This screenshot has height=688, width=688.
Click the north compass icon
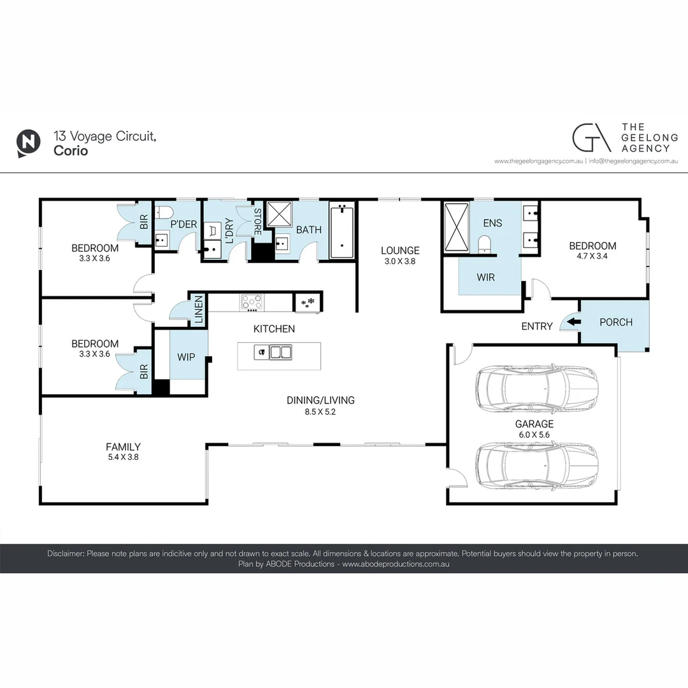[x=27, y=143]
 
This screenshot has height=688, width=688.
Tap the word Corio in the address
[x=71, y=152]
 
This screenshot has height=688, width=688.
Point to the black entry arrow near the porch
[x=573, y=322]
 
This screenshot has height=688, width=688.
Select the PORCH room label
[x=616, y=322]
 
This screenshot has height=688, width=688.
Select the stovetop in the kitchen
[x=251, y=302]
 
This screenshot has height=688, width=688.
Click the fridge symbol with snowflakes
[x=308, y=302]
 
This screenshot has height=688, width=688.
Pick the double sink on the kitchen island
[x=281, y=352]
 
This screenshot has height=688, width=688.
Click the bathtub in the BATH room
[x=341, y=231]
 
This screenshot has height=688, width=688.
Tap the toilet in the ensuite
[x=484, y=244]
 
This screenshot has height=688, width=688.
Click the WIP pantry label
[x=186, y=357]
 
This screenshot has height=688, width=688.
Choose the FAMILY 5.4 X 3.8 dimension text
[x=123, y=457]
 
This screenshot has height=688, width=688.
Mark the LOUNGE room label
[x=400, y=250]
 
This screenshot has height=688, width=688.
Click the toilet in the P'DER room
[x=162, y=212]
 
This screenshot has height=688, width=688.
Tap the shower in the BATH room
[x=278, y=215]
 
